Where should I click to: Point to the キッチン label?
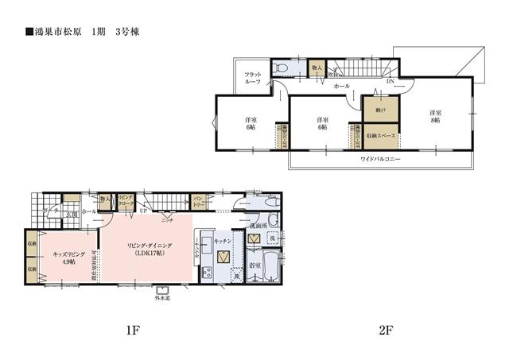click(x=223, y=241)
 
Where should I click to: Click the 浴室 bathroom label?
click(x=254, y=265)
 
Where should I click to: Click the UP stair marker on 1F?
click(x=143, y=212)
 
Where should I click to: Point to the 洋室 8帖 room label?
click(x=436, y=117)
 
